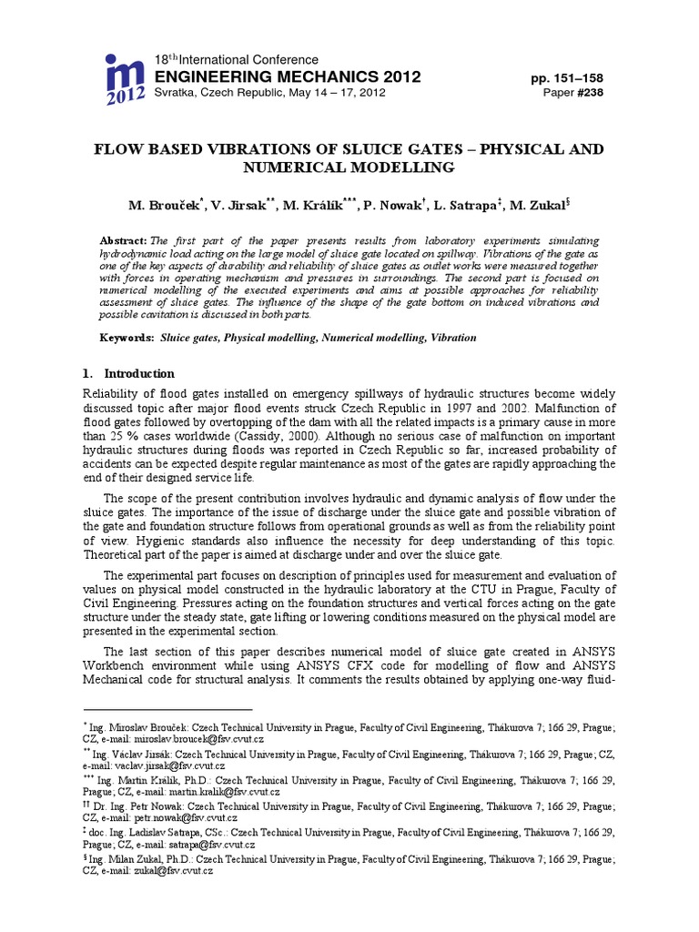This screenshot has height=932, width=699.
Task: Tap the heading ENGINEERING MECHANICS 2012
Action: coord(289,76)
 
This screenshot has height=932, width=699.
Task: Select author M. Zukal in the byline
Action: coord(543,206)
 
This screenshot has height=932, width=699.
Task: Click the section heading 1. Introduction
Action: coord(128,373)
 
